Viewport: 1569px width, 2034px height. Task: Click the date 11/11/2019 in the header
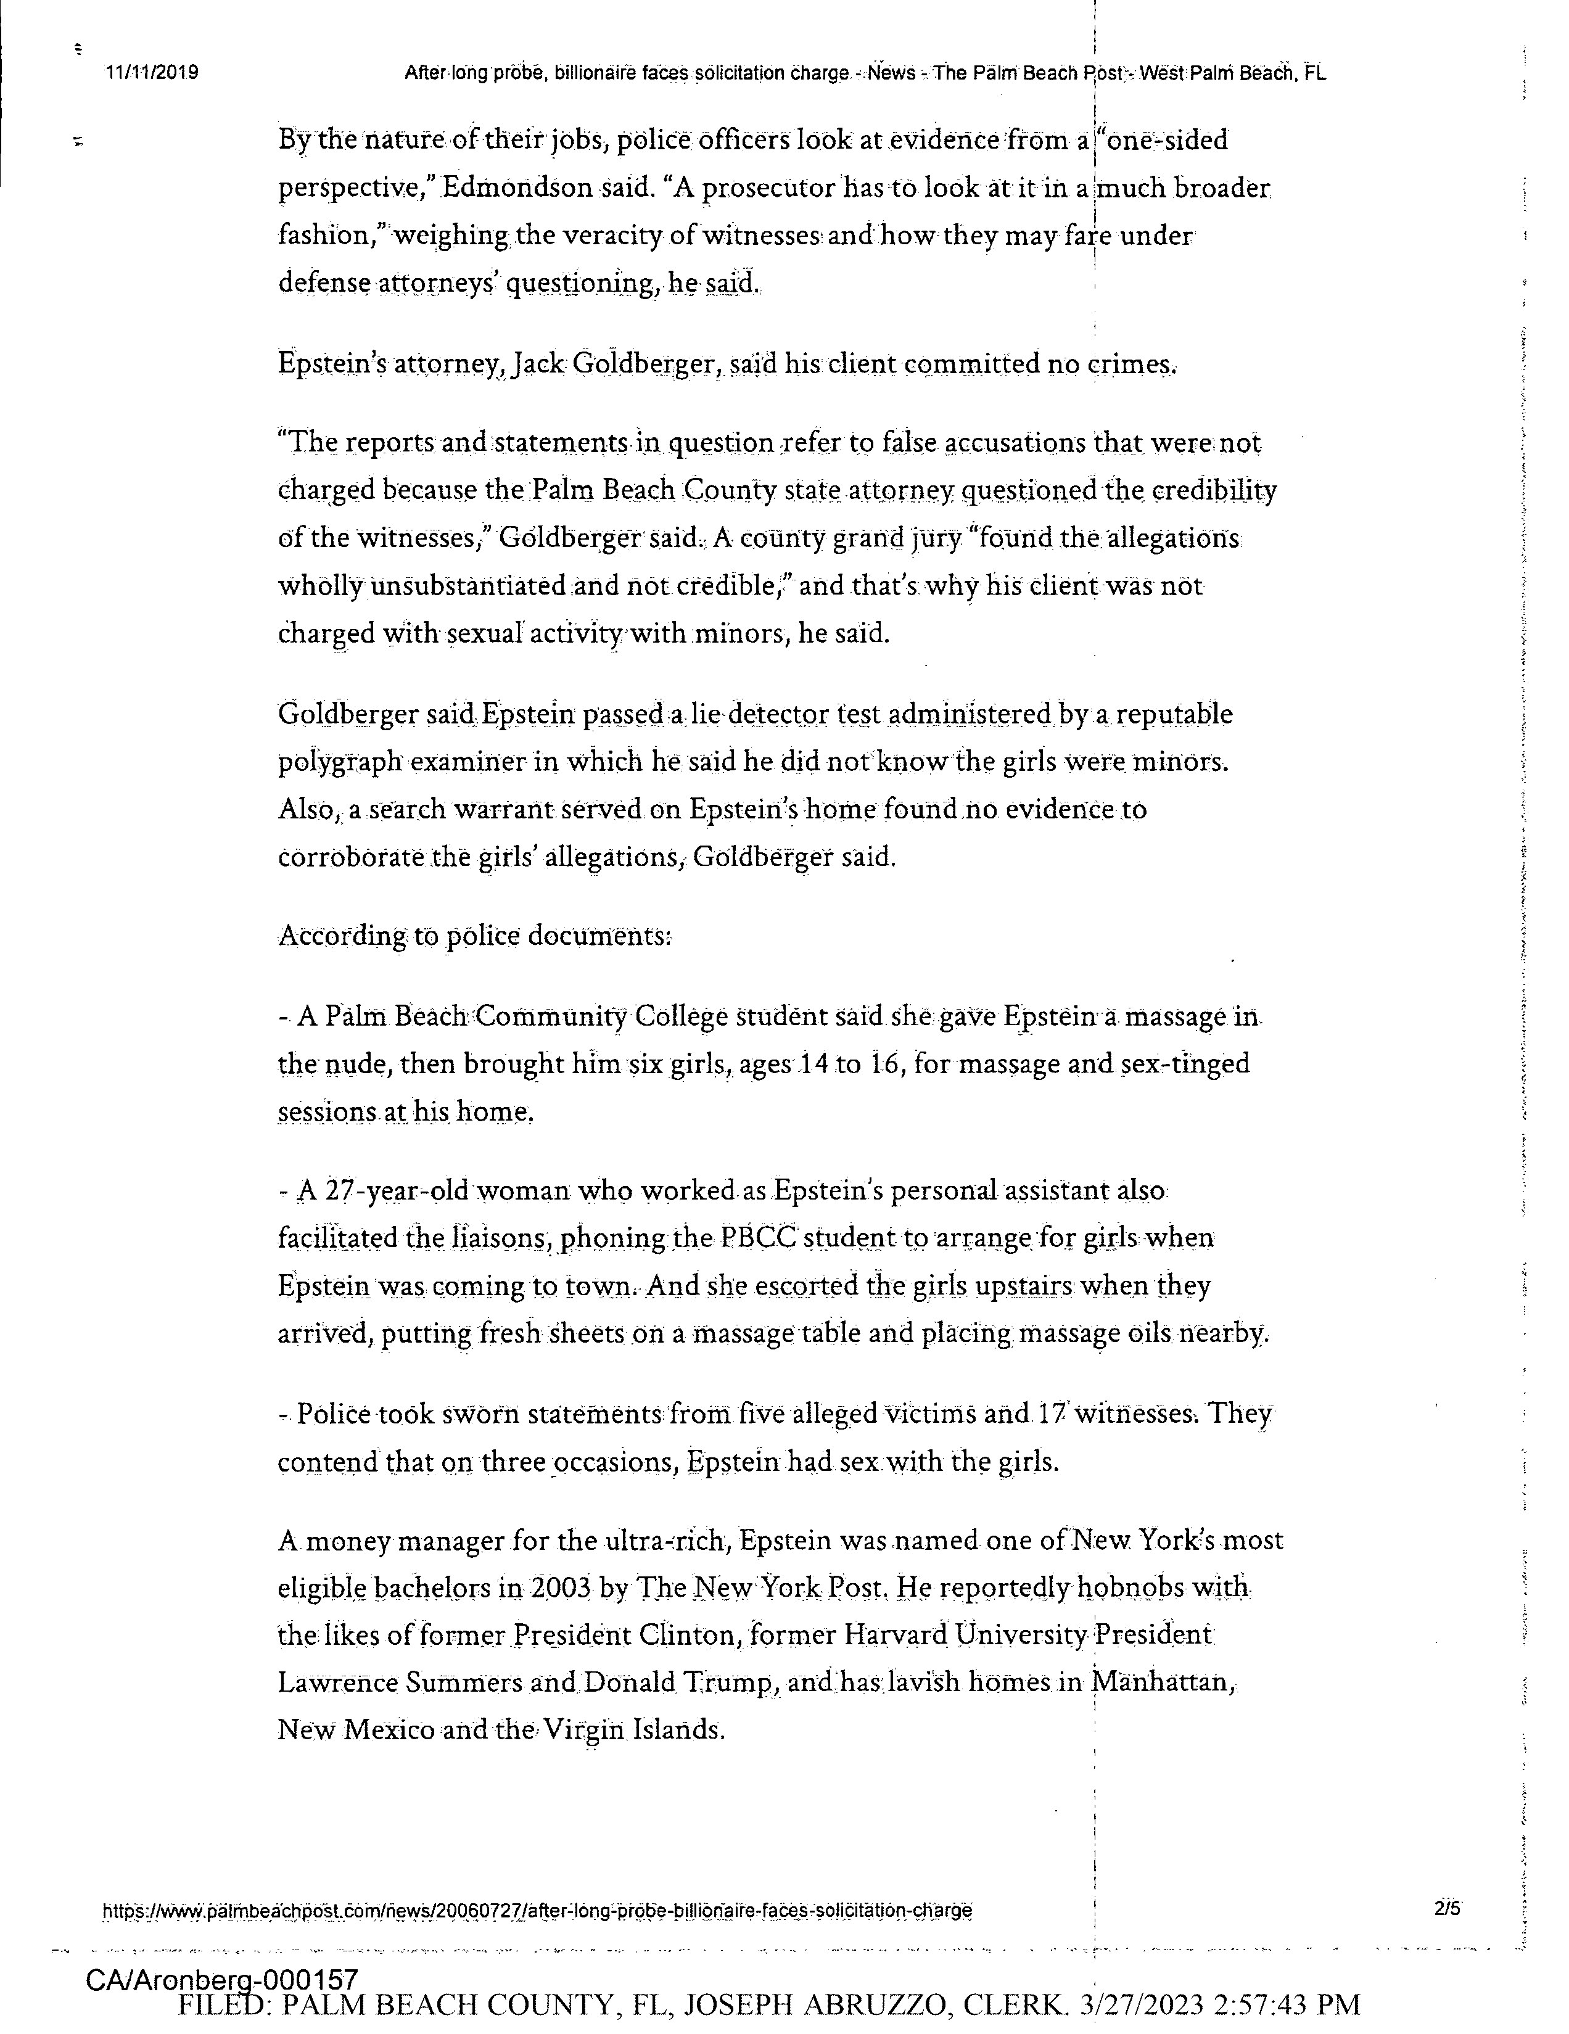[152, 73]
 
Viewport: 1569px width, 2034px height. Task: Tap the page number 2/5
[1447, 1908]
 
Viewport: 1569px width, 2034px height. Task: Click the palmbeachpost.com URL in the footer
[537, 1911]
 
